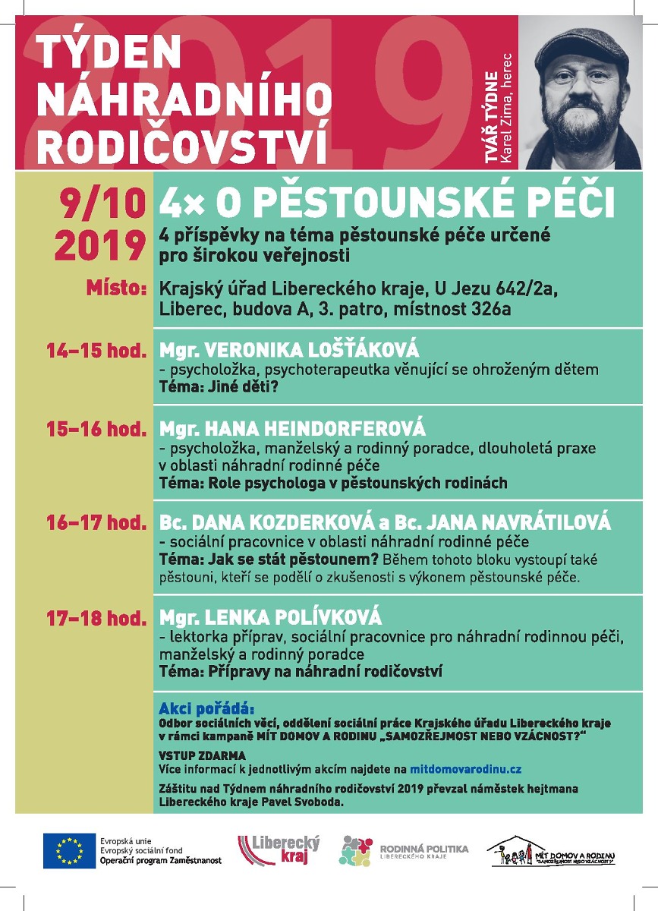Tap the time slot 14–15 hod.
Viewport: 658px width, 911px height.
point(96,351)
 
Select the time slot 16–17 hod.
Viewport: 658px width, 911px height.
point(96,522)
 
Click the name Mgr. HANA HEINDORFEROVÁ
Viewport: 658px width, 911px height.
point(292,427)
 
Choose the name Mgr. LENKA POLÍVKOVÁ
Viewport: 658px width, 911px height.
point(270,617)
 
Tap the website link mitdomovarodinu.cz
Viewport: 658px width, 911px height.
point(466,769)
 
